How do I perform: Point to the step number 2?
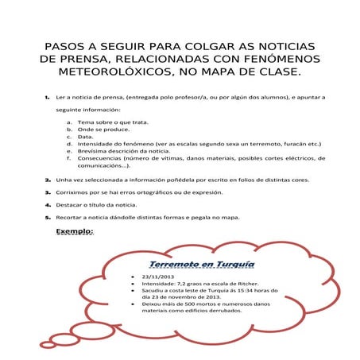tap(47, 180)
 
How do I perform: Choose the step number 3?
tap(47, 192)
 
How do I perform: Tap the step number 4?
tap(47, 204)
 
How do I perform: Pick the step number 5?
tap(47, 216)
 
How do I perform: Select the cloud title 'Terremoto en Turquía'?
tap(202, 262)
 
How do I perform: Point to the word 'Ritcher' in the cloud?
tap(253, 282)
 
